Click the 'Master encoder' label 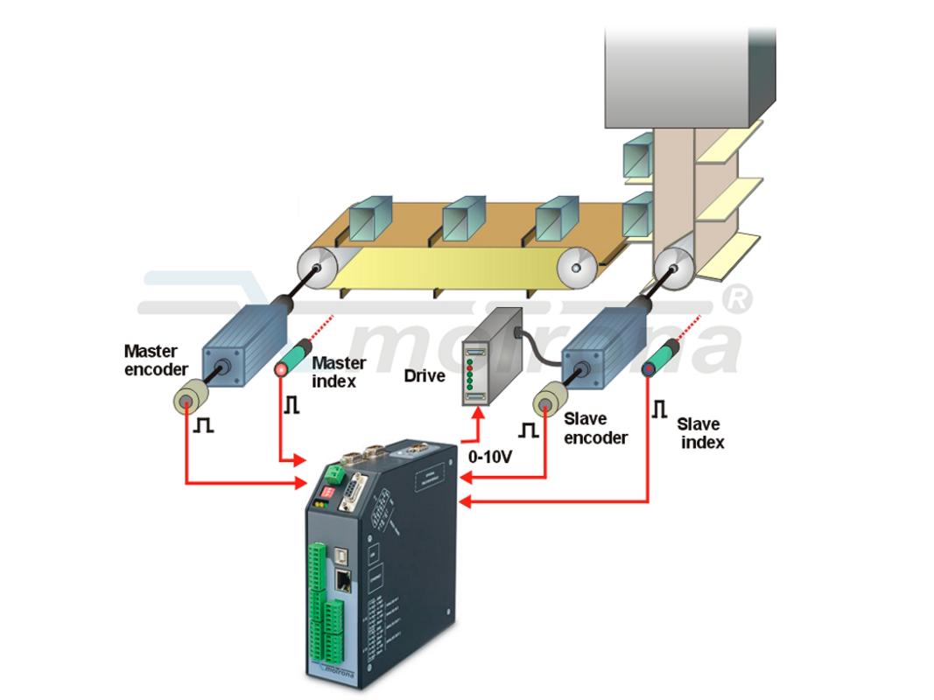pyautogui.click(x=155, y=360)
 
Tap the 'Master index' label pyautogui.click(x=339, y=371)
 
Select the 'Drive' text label pyautogui.click(x=424, y=376)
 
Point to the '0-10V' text pyautogui.click(x=491, y=456)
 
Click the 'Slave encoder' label pyautogui.click(x=595, y=429)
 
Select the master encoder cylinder pyautogui.click(x=190, y=398)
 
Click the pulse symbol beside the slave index pyautogui.click(x=658, y=409)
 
